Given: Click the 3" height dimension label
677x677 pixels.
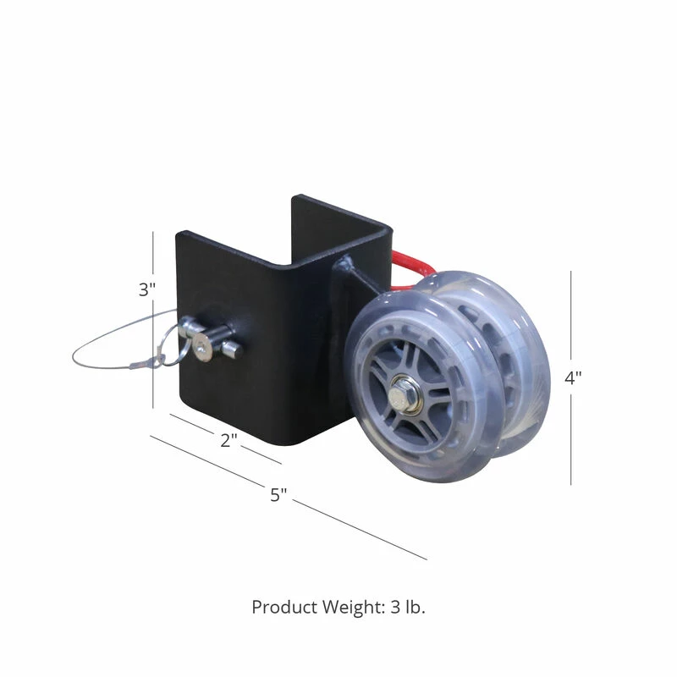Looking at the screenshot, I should coord(148,289).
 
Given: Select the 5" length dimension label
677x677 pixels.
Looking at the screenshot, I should coord(279,495).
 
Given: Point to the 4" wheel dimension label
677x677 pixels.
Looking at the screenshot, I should coord(574,377).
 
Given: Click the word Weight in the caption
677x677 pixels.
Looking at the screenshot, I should coord(353,607).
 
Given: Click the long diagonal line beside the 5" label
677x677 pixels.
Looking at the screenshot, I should coord(355,528).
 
